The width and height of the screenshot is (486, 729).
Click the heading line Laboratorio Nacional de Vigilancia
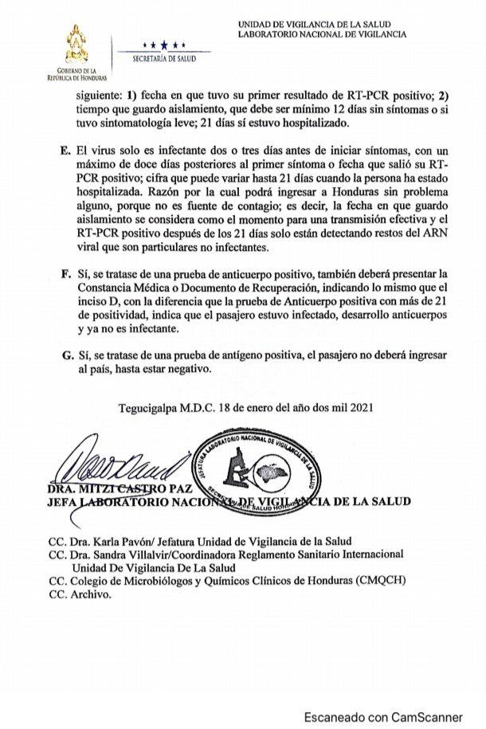click(322, 35)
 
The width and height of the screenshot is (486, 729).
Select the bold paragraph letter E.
click(66, 151)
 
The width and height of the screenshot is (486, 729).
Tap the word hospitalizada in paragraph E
click(105, 192)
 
